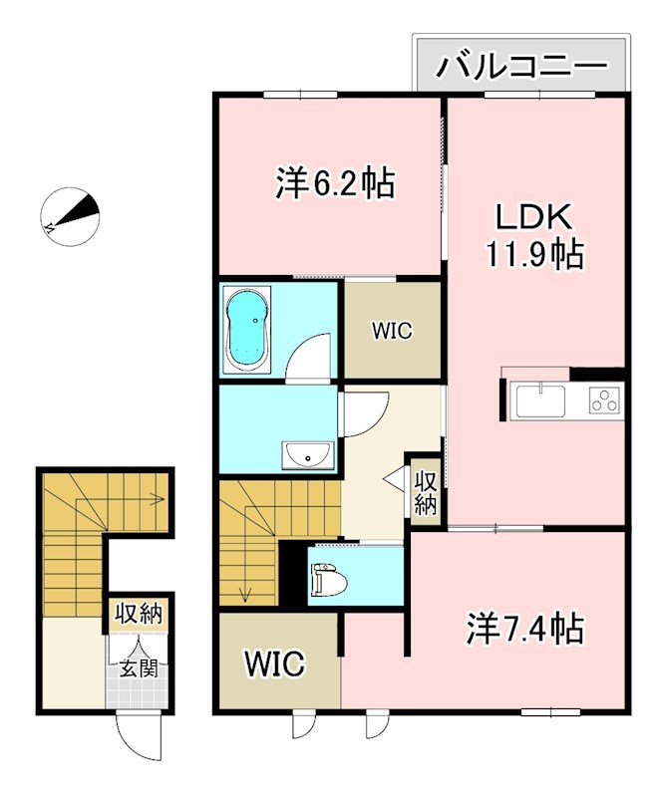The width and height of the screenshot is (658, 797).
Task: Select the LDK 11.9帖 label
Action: point(534,235)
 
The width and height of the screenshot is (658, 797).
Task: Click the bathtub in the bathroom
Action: point(246,330)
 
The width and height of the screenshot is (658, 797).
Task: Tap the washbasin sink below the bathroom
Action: point(308,456)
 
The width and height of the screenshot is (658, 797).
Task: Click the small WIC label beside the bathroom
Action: point(393,331)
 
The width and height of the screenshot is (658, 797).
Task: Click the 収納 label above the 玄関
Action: point(138,614)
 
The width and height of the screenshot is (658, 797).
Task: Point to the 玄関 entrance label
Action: point(138,667)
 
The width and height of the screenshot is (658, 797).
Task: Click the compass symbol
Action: point(70,217)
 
